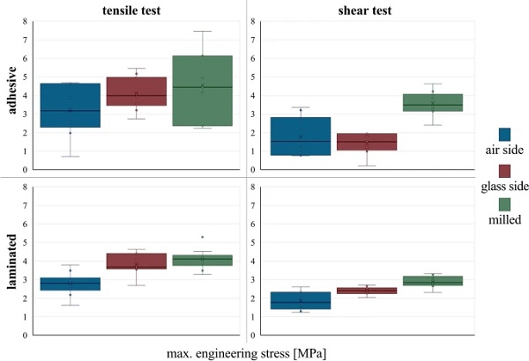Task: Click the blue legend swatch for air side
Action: point(504,135)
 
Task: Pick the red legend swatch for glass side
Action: point(504,171)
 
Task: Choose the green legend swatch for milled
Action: point(504,205)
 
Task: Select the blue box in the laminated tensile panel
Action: point(70,284)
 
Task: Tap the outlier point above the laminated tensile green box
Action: point(202,237)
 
